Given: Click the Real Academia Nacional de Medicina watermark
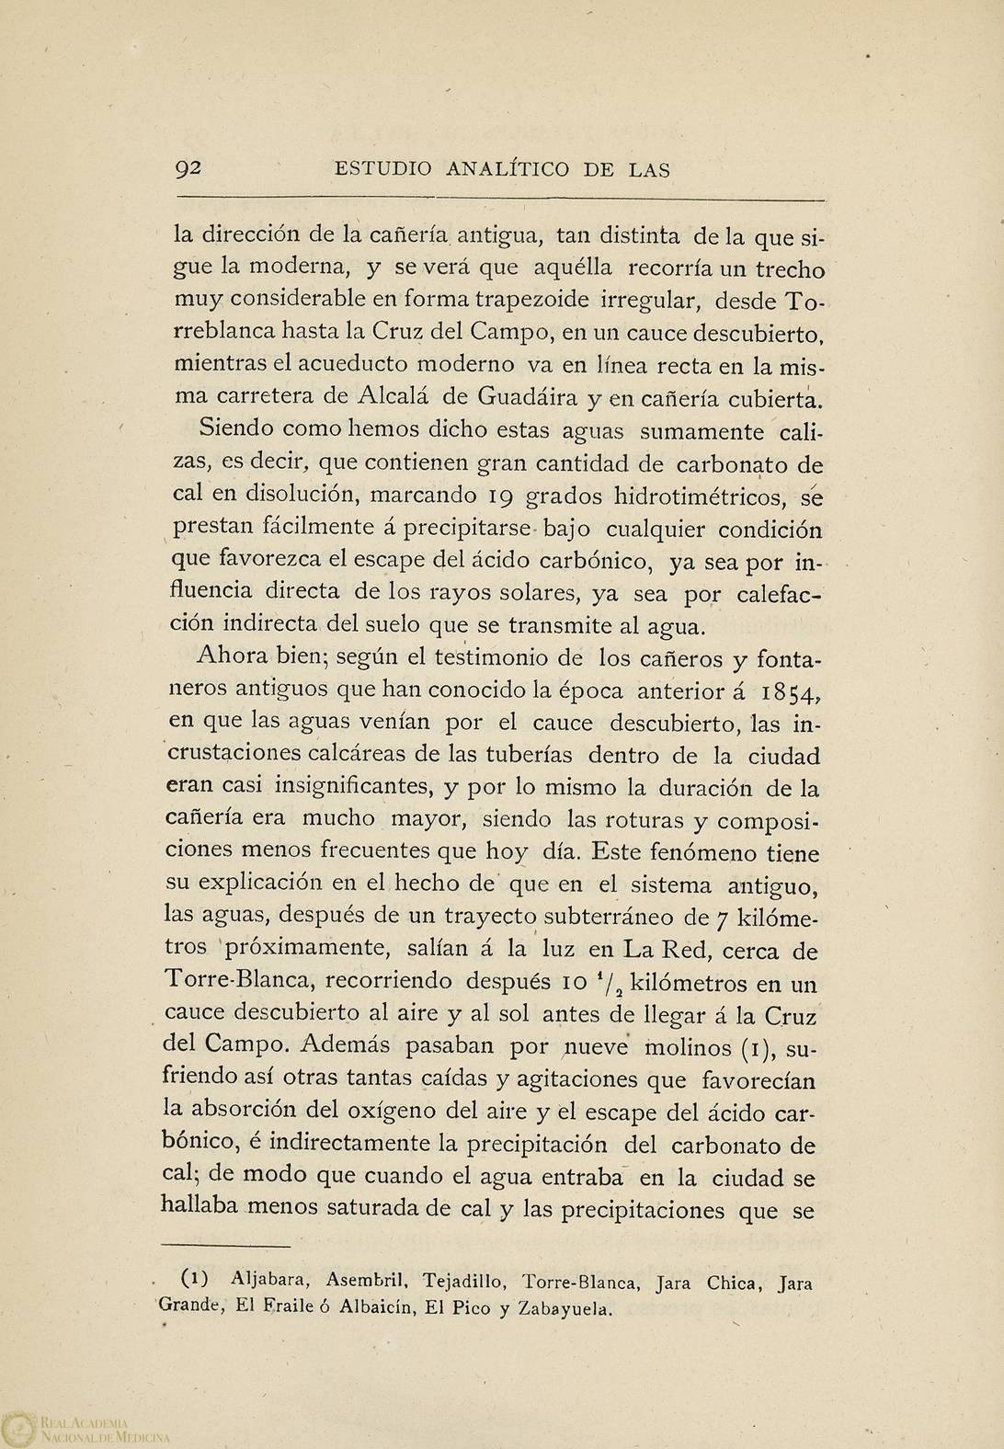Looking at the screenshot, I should tap(92, 1426).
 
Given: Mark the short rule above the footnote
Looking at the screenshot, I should tap(225, 1246).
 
